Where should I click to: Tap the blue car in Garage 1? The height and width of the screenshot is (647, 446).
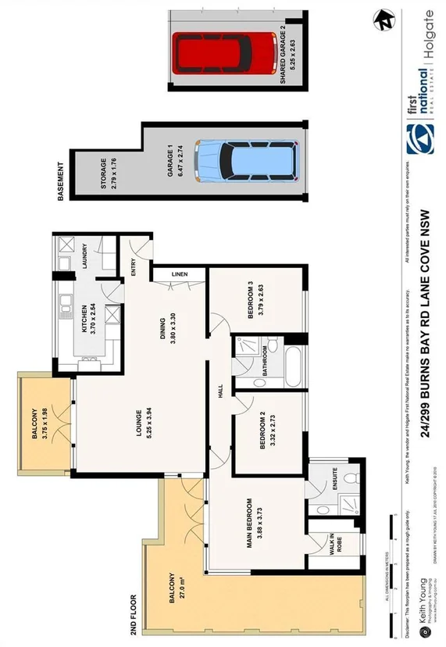point(247,161)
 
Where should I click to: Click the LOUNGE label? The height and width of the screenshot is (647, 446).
point(145,427)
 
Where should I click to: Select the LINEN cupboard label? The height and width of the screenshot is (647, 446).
point(179,275)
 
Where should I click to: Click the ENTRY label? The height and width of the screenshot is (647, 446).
point(134,268)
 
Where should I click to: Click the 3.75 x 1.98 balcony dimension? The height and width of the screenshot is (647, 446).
point(45,424)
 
